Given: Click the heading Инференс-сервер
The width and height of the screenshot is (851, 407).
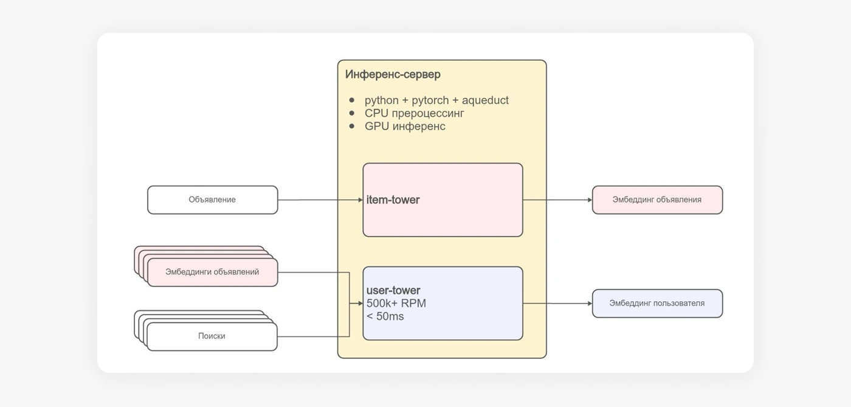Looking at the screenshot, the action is (x=393, y=74).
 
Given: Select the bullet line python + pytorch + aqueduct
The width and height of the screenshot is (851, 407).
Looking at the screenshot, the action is (x=436, y=100).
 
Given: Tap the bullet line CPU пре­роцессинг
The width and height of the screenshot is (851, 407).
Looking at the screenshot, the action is (x=415, y=113).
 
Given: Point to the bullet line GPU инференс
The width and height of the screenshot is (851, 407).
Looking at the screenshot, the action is (x=405, y=126).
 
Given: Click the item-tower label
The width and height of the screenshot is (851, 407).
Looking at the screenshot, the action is (x=393, y=200).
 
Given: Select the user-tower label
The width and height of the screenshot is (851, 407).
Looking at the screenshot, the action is (x=393, y=290).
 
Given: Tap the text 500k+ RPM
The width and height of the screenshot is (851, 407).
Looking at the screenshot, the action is (x=396, y=303).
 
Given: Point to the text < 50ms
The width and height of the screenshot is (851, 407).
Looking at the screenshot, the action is (x=385, y=316).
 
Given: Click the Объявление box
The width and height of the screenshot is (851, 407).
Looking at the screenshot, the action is (x=212, y=200).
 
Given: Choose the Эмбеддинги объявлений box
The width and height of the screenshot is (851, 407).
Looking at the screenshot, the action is (x=212, y=272).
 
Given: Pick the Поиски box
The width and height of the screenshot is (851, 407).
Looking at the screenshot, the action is (x=212, y=336).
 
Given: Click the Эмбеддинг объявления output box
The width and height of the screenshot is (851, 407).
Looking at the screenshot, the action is (x=657, y=200).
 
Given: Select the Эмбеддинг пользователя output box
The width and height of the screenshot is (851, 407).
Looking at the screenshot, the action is (x=657, y=303).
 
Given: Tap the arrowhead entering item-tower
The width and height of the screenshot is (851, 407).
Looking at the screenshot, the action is (x=360, y=200).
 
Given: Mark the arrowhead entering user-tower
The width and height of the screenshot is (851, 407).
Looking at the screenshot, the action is (x=360, y=303).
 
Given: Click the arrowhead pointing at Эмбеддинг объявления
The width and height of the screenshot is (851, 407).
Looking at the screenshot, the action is (x=590, y=200).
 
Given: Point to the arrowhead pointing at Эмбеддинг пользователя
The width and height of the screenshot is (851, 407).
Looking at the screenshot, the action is (x=590, y=303).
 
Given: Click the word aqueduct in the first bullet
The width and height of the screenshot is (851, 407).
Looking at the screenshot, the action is (x=485, y=100).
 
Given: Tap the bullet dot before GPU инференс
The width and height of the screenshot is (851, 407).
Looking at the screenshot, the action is (x=352, y=126).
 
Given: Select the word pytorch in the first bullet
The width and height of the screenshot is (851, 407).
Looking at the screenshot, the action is (x=430, y=100).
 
